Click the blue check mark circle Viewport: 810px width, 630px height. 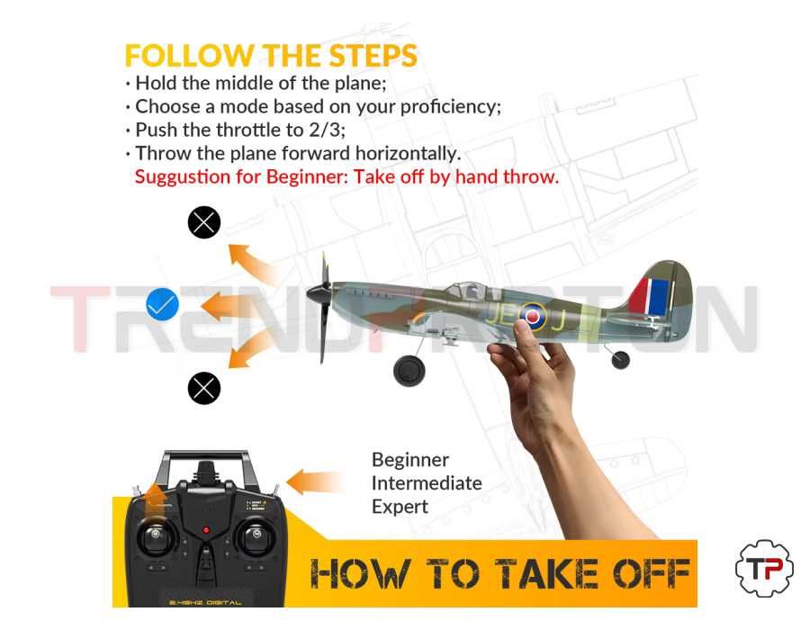[163, 306]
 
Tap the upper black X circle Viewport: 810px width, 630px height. [204, 221]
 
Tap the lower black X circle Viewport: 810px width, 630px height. [204, 388]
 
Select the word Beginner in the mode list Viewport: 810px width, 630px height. [409, 460]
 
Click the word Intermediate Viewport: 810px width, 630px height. [427, 483]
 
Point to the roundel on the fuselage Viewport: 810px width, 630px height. [532, 316]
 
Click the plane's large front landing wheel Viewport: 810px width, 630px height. [409, 370]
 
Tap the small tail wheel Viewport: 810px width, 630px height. [620, 360]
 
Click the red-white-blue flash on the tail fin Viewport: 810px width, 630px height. [650, 296]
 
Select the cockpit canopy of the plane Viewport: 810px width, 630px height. [469, 291]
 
